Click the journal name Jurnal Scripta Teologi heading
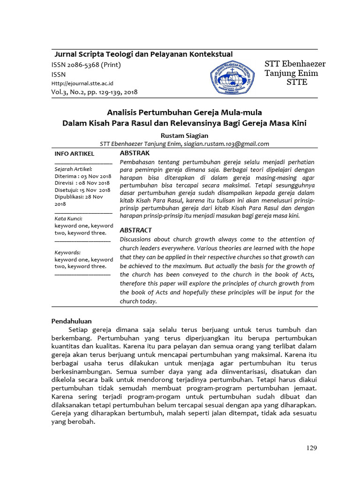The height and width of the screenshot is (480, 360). click(143, 54)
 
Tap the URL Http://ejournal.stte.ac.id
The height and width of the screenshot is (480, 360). click(82, 83)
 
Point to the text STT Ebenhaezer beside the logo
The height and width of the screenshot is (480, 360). click(295, 64)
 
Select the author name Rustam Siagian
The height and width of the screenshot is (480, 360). click(184, 135)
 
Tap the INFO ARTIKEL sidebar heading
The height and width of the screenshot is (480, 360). click(75, 154)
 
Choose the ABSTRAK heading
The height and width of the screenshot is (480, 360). click(135, 153)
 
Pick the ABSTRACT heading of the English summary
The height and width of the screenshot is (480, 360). click(136, 230)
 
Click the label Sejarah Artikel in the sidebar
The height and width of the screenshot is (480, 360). click(73, 169)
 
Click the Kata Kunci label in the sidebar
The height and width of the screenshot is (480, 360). click(68, 218)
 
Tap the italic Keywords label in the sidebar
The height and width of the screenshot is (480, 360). click(67, 252)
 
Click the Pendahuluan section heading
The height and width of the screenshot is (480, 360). click(71, 321)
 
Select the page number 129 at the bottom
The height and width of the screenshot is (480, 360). click(312, 448)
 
